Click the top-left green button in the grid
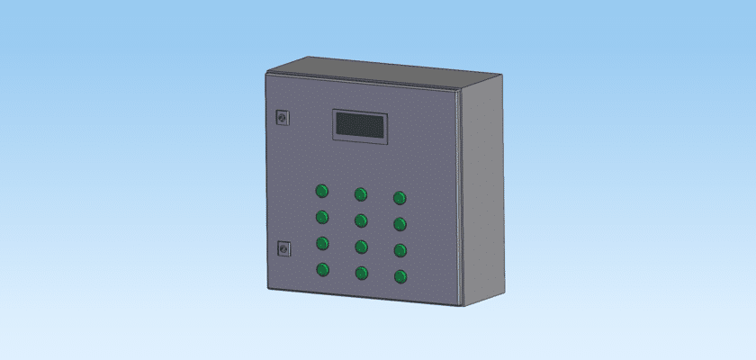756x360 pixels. click(321, 191)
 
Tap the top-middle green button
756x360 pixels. click(361, 194)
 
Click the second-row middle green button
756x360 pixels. click(361, 220)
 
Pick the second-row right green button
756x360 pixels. click(400, 224)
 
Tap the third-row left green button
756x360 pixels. click(321, 242)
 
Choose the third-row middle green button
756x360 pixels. click(361, 247)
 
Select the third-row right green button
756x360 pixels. click(400, 250)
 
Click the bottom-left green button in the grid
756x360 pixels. click(321, 269)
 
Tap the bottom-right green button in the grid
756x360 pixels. click(400, 276)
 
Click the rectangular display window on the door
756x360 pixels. click(360, 126)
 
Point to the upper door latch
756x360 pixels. click(283, 116)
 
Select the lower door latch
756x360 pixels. click(283, 247)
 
